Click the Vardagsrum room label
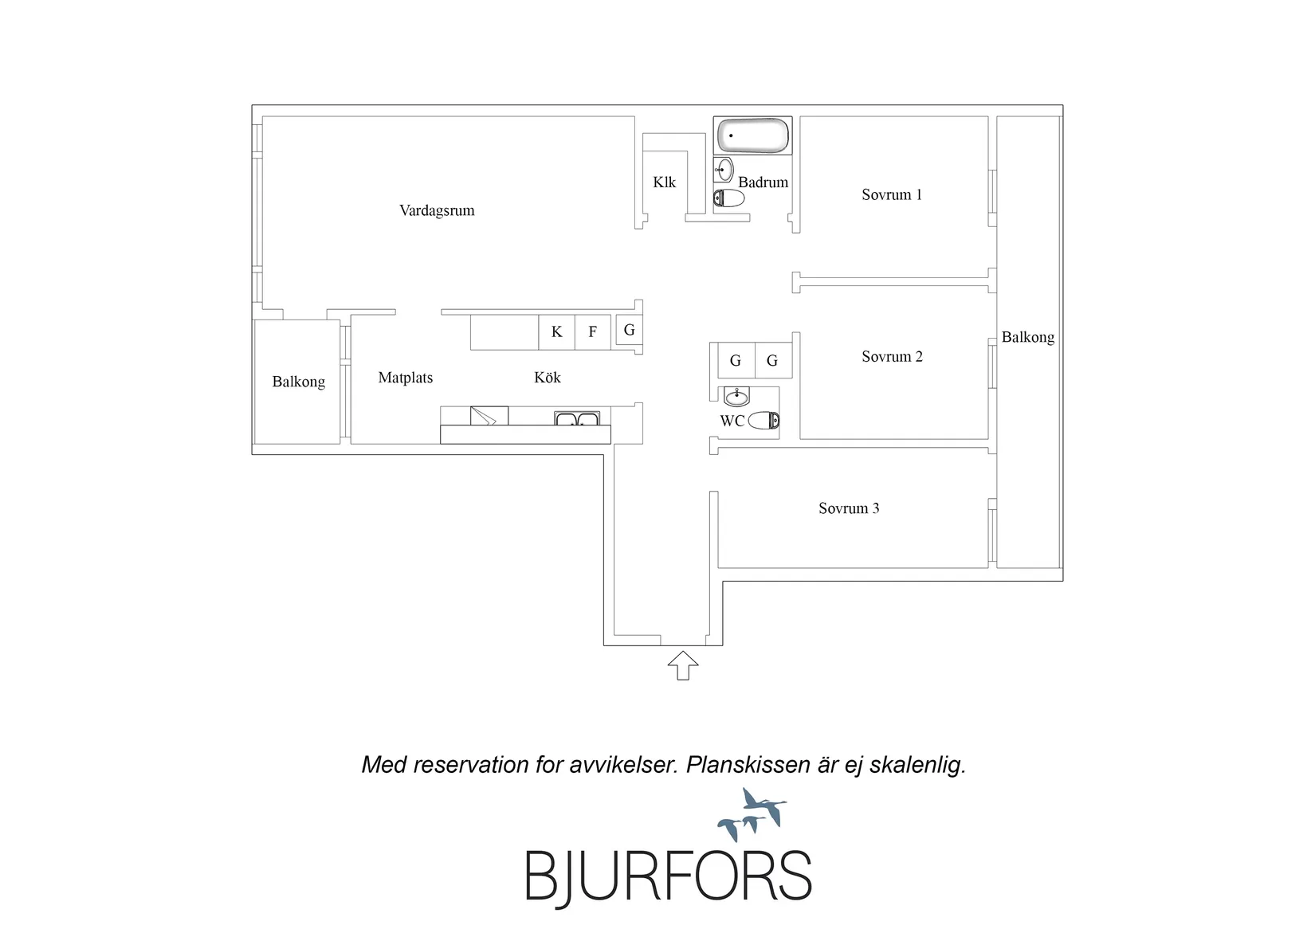pyautogui.click(x=437, y=210)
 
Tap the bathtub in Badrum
pyautogui.click(x=752, y=135)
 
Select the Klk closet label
pyautogui.click(x=665, y=182)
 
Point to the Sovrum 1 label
pyautogui.click(x=892, y=194)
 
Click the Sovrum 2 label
pyautogui.click(x=892, y=356)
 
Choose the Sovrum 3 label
pyautogui.click(x=849, y=508)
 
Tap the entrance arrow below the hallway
pyautogui.click(x=683, y=665)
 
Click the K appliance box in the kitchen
pyautogui.click(x=556, y=332)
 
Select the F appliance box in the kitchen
pyautogui.click(x=592, y=332)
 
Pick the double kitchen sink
pyautogui.click(x=577, y=418)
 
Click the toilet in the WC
pyautogui.click(x=763, y=420)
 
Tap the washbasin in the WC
pyautogui.click(x=736, y=397)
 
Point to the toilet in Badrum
pyautogui.click(x=728, y=198)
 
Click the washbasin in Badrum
pyautogui.click(x=724, y=170)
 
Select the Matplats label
pyautogui.click(x=405, y=378)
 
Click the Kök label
pyautogui.click(x=548, y=378)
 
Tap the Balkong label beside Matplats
pyautogui.click(x=298, y=382)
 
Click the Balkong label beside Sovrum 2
pyautogui.click(x=1028, y=338)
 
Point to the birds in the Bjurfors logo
pyautogui.click(x=752, y=814)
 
